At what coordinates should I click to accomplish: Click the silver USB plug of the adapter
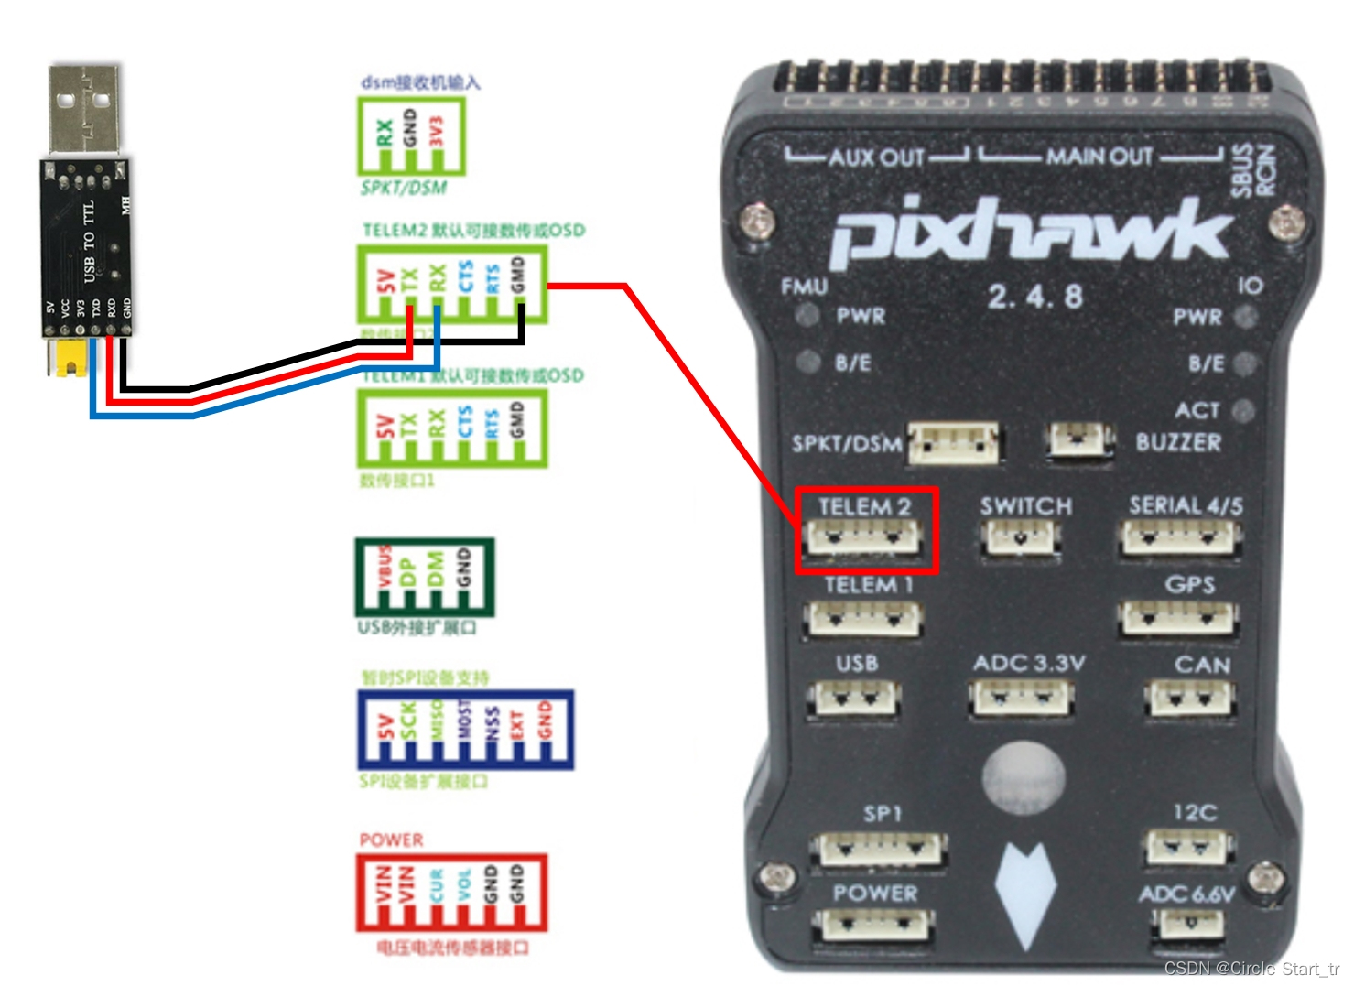83,109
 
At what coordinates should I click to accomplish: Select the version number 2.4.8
1034,297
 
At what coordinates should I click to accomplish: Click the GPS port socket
1177,619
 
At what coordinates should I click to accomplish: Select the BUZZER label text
1178,443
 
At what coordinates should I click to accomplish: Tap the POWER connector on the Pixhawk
872,925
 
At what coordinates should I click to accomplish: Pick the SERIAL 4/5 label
1186,506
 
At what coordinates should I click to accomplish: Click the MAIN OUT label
1099,157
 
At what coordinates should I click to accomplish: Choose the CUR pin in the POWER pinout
437,885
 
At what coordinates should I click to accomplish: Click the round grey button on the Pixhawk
1024,777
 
